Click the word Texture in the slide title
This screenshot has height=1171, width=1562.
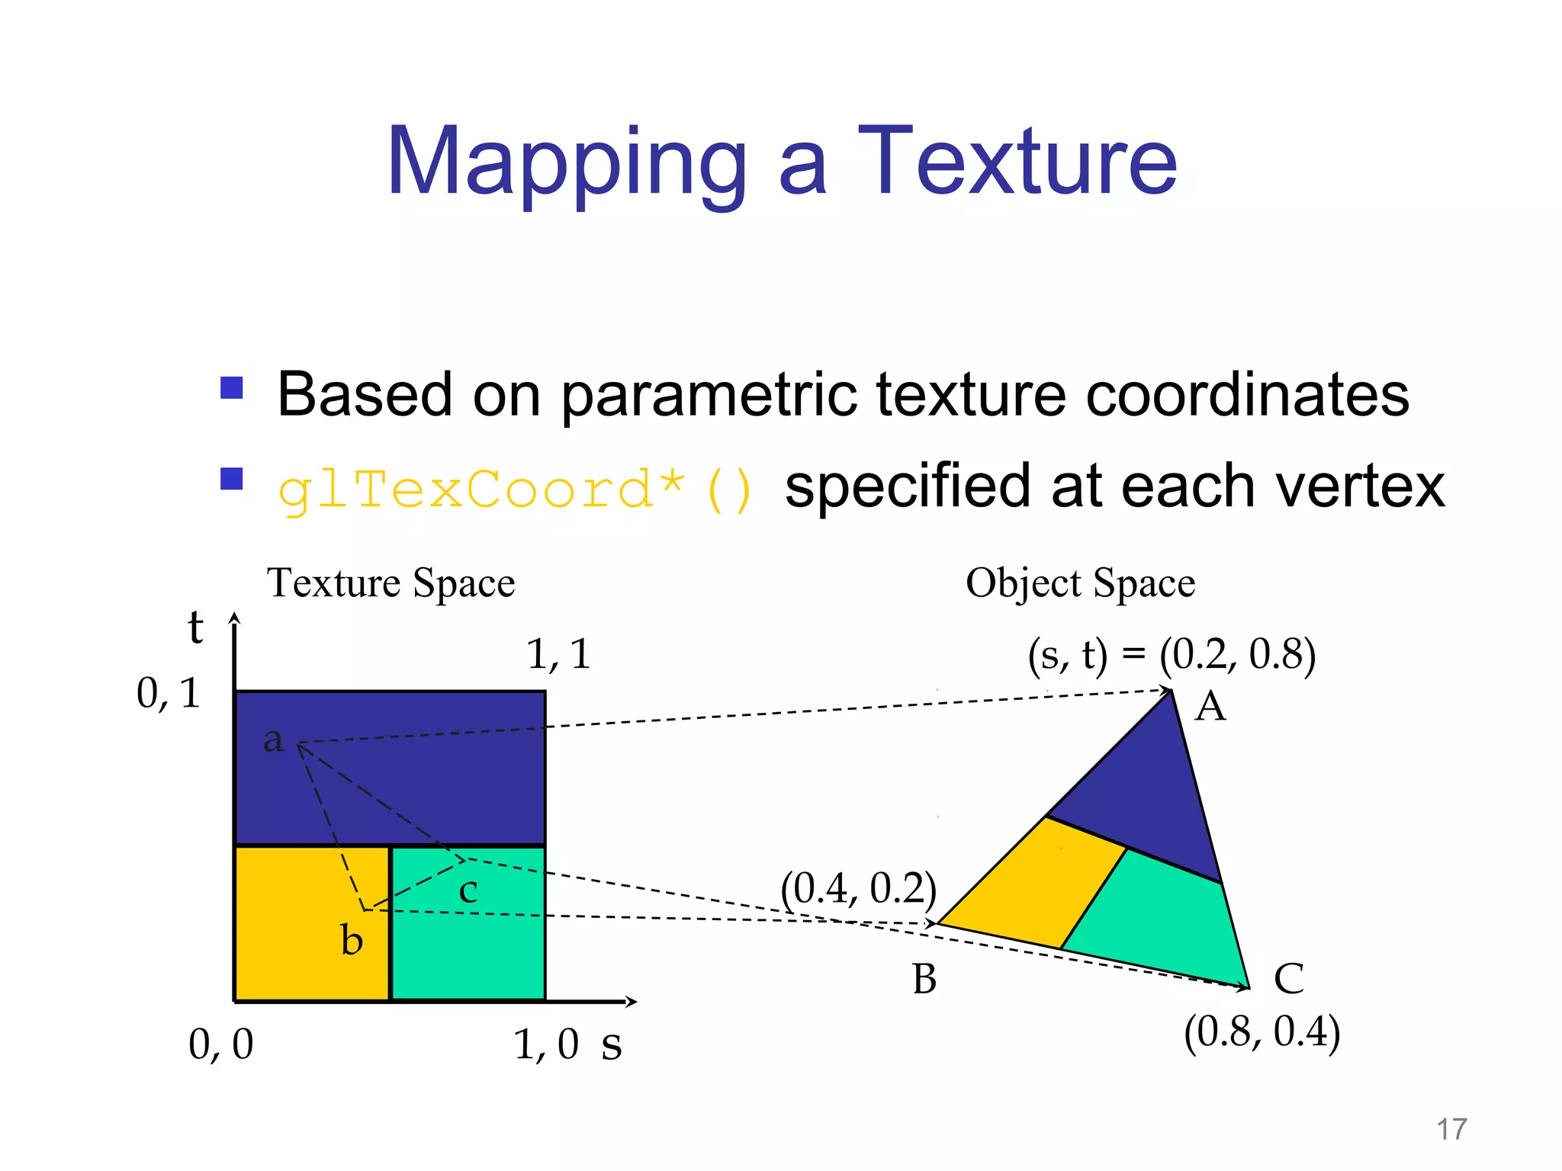pos(1017,162)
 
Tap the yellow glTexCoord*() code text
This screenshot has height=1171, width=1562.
pos(516,489)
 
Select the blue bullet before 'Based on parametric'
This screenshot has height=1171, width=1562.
pos(231,387)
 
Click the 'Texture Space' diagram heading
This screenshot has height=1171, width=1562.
pos(390,583)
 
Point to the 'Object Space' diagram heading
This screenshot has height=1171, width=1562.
pos(1080,583)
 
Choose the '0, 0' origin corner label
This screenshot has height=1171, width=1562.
pos(220,1044)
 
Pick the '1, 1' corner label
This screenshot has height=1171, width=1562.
pos(558,654)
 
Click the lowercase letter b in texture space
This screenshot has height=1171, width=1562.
pos(351,940)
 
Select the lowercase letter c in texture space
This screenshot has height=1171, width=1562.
pos(468,890)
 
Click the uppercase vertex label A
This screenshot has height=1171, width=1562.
pos(1210,707)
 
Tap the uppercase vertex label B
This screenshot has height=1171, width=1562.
pos(924,979)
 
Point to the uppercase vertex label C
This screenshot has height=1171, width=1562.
pos(1289,979)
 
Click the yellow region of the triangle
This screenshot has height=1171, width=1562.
pos(1037,884)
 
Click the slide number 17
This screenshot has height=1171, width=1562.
pos(1451,1129)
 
